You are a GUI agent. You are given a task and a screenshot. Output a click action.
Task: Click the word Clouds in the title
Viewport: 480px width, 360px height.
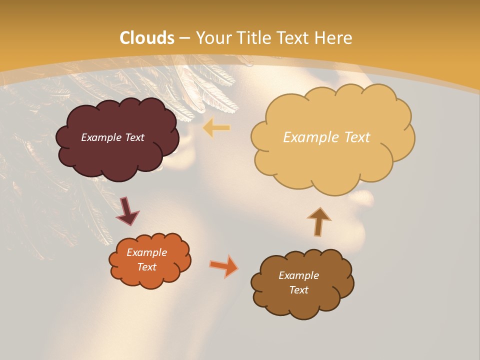coord(147,37)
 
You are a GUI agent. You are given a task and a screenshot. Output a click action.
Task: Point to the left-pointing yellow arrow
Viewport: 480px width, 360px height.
coord(216,128)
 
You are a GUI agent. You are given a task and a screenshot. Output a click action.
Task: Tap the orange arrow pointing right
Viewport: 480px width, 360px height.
coord(224,266)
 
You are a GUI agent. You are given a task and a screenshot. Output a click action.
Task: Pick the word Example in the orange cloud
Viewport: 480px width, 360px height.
coord(147,252)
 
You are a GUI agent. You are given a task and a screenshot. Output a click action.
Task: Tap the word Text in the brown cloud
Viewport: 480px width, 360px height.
coord(299,290)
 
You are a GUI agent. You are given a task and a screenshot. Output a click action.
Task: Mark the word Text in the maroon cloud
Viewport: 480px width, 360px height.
coord(134,137)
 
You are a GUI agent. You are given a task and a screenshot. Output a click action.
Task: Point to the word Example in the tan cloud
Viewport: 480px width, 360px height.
coord(310,137)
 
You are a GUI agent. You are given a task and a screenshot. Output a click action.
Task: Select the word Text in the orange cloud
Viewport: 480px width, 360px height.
coord(147,267)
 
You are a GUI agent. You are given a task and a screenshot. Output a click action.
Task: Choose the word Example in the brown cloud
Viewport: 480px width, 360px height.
coord(299,275)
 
